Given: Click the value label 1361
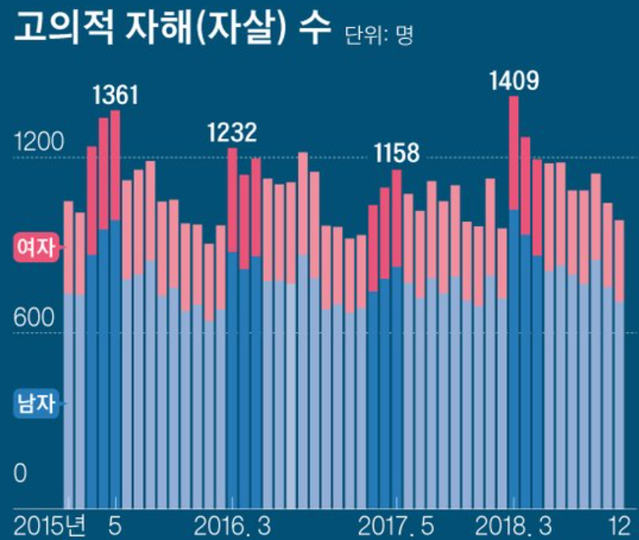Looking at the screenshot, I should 115,96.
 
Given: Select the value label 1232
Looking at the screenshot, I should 232,133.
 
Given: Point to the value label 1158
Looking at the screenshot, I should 396,153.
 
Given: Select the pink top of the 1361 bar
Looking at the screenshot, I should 115,164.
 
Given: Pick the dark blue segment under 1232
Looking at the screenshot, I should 232,380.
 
